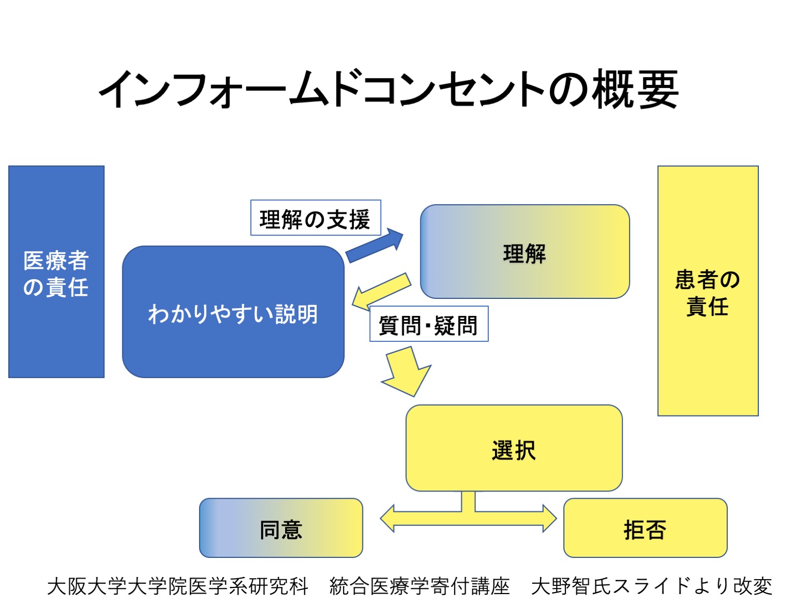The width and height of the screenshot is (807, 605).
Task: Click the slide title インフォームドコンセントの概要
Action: [389, 89]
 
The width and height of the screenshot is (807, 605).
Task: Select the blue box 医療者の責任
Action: [56, 272]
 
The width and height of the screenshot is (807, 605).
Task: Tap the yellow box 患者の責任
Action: [707, 291]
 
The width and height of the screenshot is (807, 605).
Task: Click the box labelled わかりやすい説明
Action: [233, 312]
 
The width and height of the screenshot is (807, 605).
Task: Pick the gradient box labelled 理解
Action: [525, 252]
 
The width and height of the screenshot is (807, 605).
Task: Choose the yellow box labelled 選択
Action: [514, 449]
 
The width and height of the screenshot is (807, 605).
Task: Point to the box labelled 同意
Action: [281, 528]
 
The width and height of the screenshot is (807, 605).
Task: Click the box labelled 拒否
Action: [645, 528]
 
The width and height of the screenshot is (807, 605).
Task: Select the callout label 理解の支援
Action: [315, 218]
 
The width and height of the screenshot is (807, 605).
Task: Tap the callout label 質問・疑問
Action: [428, 325]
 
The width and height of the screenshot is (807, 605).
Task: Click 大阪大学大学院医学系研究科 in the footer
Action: [178, 586]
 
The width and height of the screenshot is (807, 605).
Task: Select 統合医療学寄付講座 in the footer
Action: [420, 586]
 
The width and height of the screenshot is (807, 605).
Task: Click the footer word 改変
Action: [753, 586]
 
